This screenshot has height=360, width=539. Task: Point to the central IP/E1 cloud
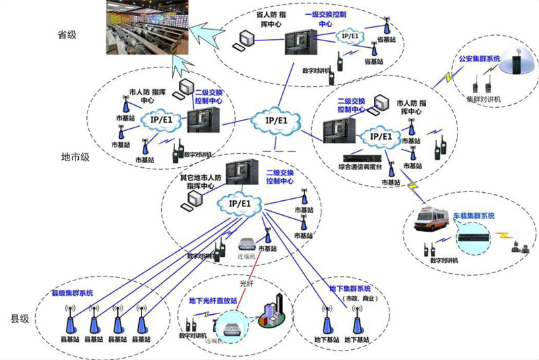(276, 121)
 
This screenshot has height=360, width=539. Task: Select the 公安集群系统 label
(479, 59)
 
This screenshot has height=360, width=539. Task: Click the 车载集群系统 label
(474, 216)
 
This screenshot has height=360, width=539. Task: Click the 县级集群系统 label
(72, 293)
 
